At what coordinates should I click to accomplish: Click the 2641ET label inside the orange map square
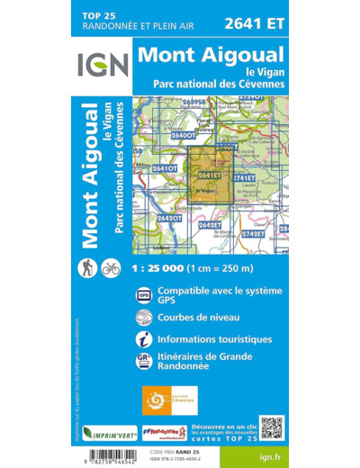[x=209, y=174]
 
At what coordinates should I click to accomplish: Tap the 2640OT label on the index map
[x=182, y=134]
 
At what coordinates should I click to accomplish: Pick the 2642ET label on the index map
[x=209, y=224]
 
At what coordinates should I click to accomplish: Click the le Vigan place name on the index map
[x=207, y=192]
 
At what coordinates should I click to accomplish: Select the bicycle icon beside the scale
[x=111, y=268]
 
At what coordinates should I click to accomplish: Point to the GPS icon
[x=145, y=295]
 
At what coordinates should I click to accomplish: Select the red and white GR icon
[x=145, y=360]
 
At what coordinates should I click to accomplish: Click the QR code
[x=272, y=427]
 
